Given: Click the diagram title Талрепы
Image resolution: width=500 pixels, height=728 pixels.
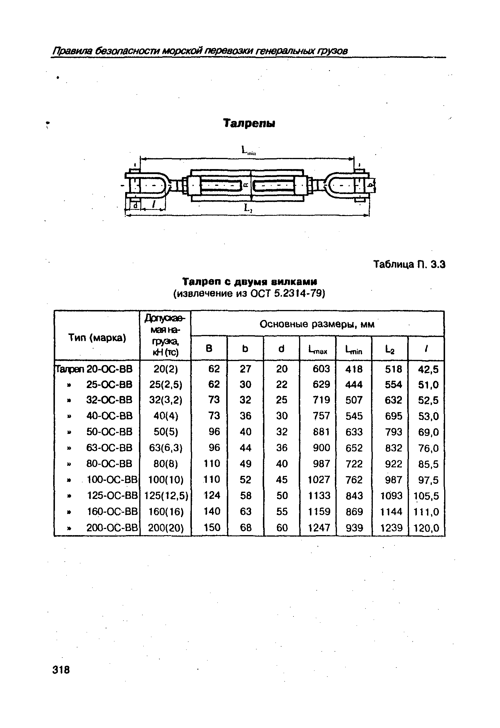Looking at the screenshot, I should coord(249,123).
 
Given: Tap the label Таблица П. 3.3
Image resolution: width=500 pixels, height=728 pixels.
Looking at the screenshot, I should coord(409,265).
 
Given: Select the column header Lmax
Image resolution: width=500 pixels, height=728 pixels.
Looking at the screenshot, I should coord(318,349).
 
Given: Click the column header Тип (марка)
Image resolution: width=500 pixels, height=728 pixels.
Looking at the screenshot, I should coord(97,338).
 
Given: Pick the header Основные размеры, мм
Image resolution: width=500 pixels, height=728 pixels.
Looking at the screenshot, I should coord(317,324).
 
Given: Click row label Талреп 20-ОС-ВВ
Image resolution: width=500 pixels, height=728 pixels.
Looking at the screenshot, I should coord(94,369).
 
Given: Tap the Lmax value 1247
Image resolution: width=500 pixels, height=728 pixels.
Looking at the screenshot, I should coord(319,528).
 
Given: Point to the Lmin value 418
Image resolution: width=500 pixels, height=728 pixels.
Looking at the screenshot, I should coord(354,369).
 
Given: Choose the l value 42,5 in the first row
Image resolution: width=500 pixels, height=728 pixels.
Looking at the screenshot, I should coord(428,369).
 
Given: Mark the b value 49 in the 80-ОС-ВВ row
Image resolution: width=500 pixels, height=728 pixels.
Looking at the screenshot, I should coord(246,464).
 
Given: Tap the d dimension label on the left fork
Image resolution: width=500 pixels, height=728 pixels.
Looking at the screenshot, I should coord(135,205).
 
